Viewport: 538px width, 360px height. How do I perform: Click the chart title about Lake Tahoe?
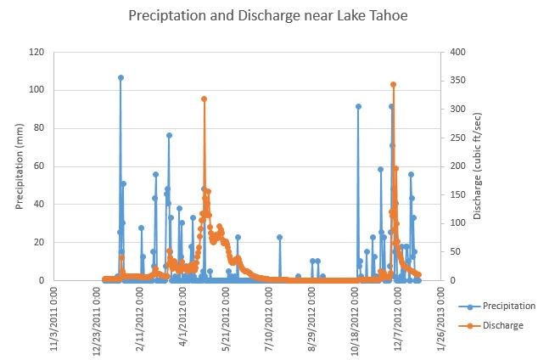268,15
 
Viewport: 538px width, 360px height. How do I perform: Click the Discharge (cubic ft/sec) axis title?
478,166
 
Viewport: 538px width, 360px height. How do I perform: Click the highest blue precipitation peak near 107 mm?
120,77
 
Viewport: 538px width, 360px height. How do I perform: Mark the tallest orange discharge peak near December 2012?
393,84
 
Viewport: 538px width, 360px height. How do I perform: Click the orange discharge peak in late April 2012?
204,98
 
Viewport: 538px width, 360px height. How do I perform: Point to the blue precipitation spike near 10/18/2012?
358,106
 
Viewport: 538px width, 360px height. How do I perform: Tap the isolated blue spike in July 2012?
279,237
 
